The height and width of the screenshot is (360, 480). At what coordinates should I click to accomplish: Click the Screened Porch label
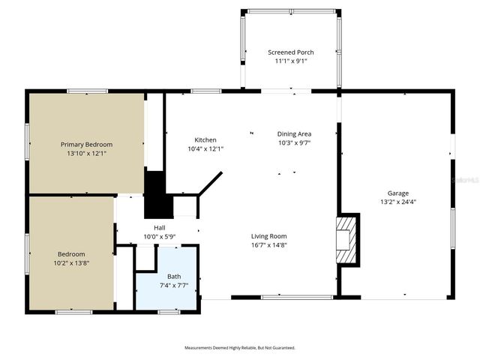click(291, 52)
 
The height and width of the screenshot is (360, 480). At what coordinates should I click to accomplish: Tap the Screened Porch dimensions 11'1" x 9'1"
click(291, 61)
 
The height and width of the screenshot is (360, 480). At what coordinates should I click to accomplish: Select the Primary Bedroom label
click(86, 145)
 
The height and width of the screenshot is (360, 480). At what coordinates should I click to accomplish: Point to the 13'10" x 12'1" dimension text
click(86, 153)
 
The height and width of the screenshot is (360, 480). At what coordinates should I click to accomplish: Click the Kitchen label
click(205, 140)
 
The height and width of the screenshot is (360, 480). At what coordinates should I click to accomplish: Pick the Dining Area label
click(294, 133)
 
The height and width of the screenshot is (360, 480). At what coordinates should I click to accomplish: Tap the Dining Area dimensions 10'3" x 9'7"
click(294, 142)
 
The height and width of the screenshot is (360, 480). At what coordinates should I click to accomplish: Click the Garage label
click(398, 193)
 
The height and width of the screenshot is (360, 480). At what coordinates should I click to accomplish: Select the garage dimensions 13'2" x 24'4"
click(398, 201)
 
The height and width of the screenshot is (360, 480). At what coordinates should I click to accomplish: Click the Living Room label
click(269, 236)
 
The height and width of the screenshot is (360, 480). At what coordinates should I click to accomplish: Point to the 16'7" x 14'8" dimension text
click(269, 244)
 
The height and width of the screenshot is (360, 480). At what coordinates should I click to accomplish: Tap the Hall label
click(159, 228)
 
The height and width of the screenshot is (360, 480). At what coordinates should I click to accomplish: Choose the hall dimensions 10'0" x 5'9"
click(159, 236)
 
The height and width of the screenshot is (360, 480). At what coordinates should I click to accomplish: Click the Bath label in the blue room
click(174, 276)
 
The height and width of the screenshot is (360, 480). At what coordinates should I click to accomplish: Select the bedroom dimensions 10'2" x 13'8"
click(72, 262)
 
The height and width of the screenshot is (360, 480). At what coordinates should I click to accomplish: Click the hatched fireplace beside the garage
click(347, 240)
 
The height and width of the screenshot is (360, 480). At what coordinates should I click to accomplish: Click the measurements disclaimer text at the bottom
click(240, 348)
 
